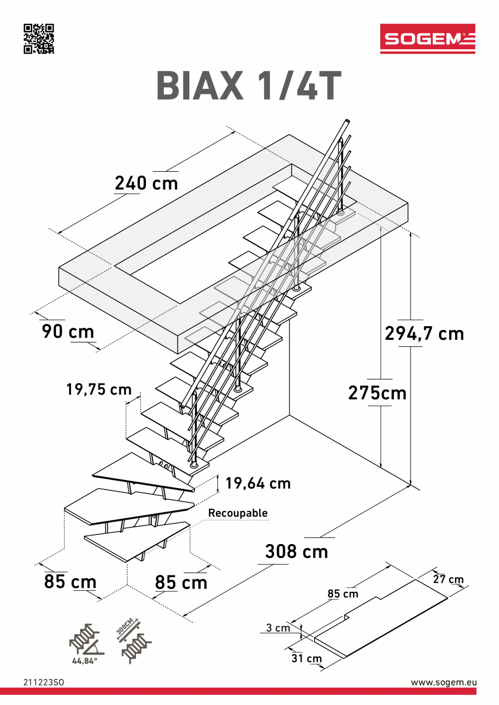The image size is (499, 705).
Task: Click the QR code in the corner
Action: [x=39, y=39]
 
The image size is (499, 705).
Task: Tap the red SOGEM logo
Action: [x=427, y=38]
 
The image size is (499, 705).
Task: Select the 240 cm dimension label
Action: [x=146, y=183]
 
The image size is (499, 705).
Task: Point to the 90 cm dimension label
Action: [x=68, y=331]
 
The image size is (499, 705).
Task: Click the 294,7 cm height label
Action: [x=424, y=333]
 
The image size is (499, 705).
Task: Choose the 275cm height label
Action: [x=377, y=393]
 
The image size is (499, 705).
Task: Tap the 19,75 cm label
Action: [x=99, y=389]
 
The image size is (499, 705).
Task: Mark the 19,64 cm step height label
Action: [x=258, y=483]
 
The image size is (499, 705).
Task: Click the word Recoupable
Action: [x=238, y=513]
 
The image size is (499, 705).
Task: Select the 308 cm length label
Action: [x=296, y=551]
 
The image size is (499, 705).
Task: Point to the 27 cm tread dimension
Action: [x=449, y=579]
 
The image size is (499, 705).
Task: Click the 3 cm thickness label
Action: [x=278, y=628]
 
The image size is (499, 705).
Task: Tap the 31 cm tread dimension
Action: [x=306, y=658]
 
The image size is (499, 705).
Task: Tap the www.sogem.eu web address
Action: [x=443, y=683]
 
